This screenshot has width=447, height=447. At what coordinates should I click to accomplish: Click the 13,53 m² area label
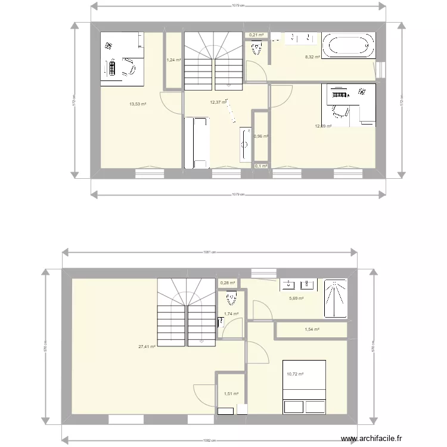coord(138,104)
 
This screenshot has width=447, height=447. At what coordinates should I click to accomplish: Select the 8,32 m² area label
coord(312,57)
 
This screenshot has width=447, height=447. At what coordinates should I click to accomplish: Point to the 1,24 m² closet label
coord(173,60)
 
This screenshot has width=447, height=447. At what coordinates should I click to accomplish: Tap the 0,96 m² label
coord(260,136)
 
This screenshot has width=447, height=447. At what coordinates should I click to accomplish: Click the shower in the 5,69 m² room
coord(335,297)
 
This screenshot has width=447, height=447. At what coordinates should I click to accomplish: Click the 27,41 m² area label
coord(147,346)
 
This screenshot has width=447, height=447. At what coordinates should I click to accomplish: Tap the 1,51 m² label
coord(231,393)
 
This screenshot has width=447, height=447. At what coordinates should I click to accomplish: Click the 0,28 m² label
coord(228,283)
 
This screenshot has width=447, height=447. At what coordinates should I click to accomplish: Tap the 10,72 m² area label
coord(295,374)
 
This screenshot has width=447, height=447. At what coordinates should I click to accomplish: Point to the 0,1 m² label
coord(260,166)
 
